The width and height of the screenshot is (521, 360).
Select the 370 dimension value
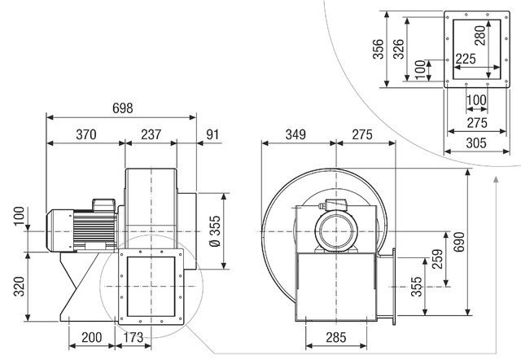tap(86, 134)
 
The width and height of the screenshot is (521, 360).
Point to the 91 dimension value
tap(212, 134)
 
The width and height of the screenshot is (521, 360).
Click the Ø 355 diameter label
tap(214, 231)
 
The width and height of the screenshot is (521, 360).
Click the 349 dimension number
tap(299, 134)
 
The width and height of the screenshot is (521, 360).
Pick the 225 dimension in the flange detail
tap(465, 58)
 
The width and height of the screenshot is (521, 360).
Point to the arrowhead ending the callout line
tap(497, 178)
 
